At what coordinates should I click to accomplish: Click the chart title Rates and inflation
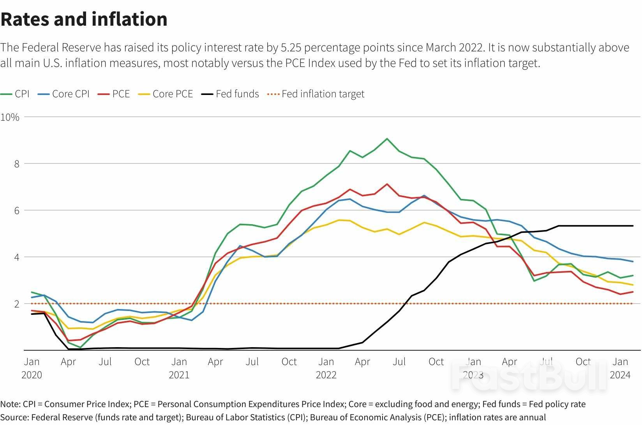(x=84, y=19)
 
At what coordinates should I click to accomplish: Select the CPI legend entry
(x=15, y=94)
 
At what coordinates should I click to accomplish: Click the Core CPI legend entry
(x=64, y=94)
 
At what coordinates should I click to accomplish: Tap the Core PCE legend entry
(x=166, y=94)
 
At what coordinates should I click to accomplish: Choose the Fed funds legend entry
(x=230, y=94)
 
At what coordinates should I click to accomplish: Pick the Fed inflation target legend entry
(x=316, y=94)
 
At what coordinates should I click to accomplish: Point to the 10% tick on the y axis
(x=10, y=117)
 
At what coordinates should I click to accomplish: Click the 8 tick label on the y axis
(x=17, y=164)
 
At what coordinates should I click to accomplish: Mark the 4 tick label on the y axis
(x=17, y=257)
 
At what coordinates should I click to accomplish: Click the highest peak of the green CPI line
(x=387, y=139)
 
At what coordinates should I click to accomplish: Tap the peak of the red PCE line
(x=387, y=184)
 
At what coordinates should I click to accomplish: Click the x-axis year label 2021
(x=179, y=375)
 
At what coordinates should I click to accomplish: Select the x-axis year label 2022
(x=326, y=375)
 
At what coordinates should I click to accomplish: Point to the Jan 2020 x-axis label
(x=32, y=368)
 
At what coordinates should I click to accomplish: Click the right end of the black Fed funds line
(x=633, y=226)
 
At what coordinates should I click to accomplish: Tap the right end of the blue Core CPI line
(x=633, y=262)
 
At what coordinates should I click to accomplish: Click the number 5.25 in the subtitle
(x=291, y=47)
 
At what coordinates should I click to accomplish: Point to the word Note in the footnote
(x=9, y=404)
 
